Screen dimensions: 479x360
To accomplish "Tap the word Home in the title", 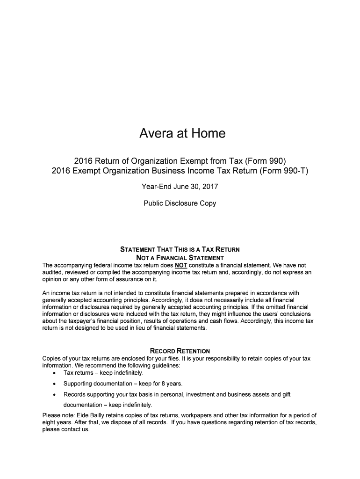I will tap(208, 134).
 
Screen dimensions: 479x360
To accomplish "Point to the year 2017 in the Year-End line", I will tap(209, 187).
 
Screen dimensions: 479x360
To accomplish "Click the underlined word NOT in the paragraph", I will tap(181, 265).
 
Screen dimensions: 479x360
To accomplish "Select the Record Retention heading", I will tap(180, 351).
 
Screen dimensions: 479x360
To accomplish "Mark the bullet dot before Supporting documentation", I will tap(56, 384).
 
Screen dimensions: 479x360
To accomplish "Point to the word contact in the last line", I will tap(72, 429).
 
